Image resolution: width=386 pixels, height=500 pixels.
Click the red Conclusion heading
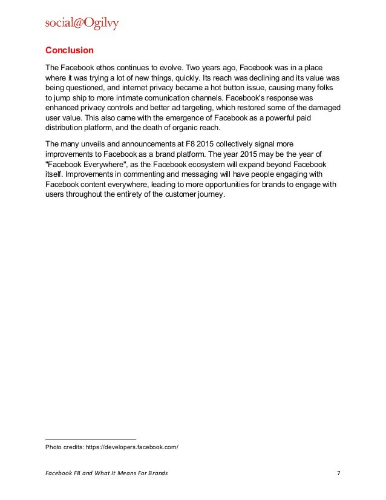point(70,50)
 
